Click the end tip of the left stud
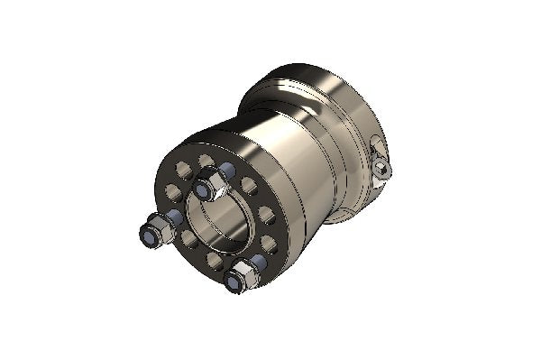(146, 235)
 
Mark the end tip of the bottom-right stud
(234, 283)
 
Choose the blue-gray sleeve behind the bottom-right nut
(260, 262)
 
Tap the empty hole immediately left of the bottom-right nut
(215, 261)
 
